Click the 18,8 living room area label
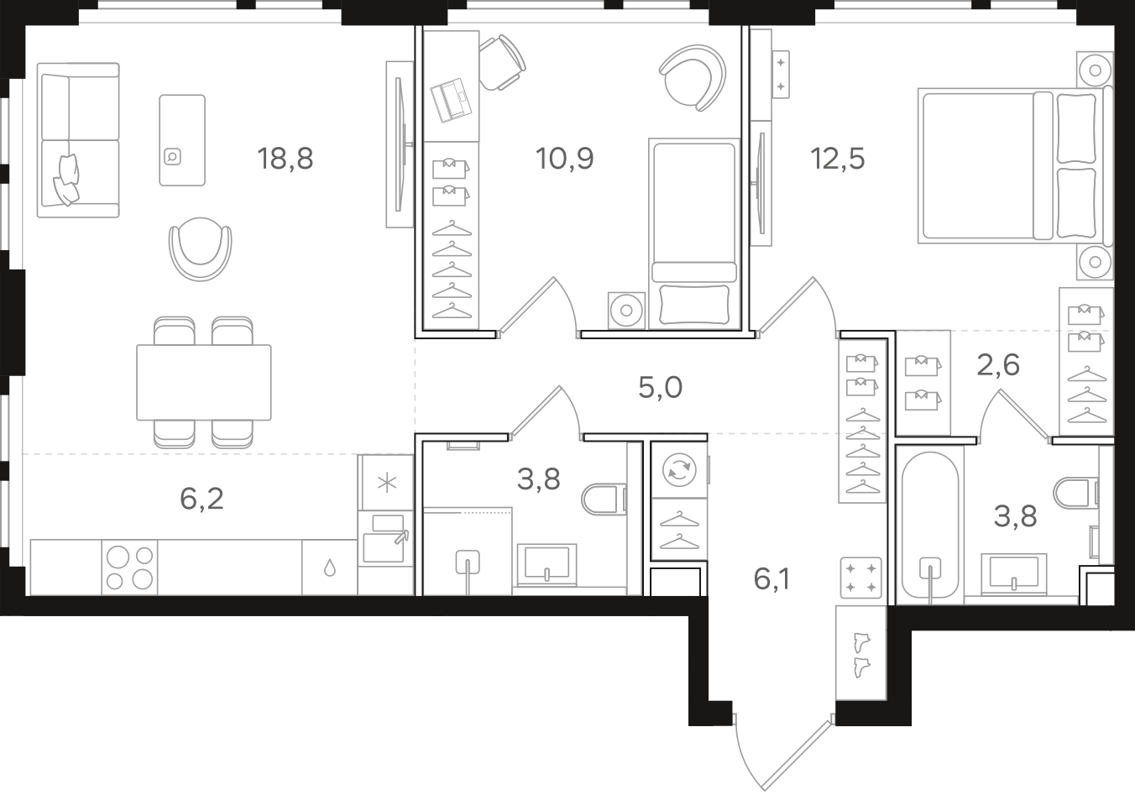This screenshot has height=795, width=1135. [285, 158]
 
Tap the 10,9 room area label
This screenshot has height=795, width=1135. [564, 158]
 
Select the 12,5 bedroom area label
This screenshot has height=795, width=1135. [838, 158]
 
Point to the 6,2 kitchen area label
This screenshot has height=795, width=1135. [201, 499]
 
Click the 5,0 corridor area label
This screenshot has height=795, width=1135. [660, 388]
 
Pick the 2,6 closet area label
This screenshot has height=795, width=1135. [998, 365]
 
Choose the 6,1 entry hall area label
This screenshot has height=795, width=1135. [771, 579]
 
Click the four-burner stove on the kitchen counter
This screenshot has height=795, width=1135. [130, 567]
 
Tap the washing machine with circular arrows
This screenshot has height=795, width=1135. [679, 470]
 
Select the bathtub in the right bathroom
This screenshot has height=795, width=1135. [930, 526]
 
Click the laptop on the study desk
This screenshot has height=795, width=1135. [451, 100]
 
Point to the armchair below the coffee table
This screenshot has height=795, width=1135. [200, 248]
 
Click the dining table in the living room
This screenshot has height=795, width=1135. [204, 383]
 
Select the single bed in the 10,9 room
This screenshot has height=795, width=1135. [693, 234]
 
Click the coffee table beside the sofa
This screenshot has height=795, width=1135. [182, 140]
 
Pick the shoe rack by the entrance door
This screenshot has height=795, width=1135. [861, 653]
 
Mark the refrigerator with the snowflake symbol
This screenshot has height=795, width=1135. [386, 483]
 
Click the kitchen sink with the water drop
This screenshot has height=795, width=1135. [330, 567]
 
